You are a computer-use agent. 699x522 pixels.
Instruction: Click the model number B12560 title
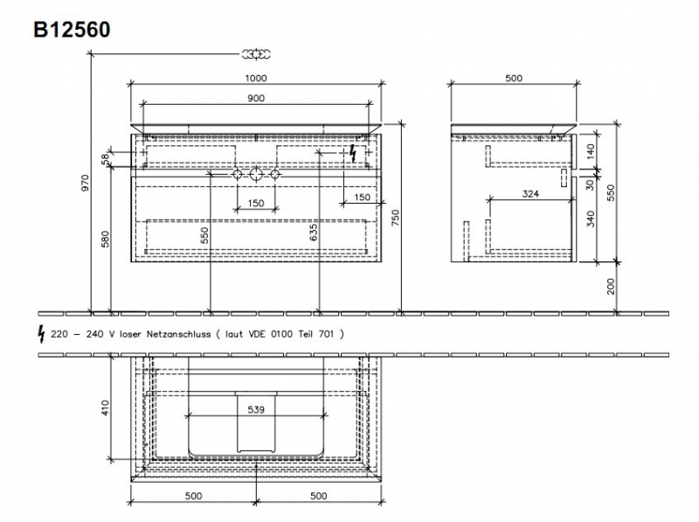72,30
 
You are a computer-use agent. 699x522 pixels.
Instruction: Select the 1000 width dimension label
256,78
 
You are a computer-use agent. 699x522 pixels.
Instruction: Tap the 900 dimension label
256,98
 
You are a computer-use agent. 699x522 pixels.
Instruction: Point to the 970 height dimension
85,183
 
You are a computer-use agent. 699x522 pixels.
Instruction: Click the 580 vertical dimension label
105,239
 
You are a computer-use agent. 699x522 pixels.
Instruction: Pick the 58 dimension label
105,159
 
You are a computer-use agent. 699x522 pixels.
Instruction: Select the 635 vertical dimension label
314,233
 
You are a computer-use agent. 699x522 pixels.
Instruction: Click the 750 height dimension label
396,218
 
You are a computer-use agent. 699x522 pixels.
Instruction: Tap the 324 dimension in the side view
530,193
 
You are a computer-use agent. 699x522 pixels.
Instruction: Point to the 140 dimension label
591,151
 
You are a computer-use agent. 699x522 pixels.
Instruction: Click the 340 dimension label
591,219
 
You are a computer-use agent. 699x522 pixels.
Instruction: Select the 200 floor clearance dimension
611,287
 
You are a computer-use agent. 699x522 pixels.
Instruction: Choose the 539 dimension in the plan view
256,409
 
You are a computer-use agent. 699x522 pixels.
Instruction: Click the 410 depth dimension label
105,407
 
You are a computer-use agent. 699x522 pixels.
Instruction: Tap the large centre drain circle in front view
256,174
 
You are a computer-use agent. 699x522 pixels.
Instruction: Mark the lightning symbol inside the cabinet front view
353,153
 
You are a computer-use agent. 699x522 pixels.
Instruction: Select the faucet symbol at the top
256,54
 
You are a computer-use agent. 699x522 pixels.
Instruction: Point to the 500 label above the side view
514,78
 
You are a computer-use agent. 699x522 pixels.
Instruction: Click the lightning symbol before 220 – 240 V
41,334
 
